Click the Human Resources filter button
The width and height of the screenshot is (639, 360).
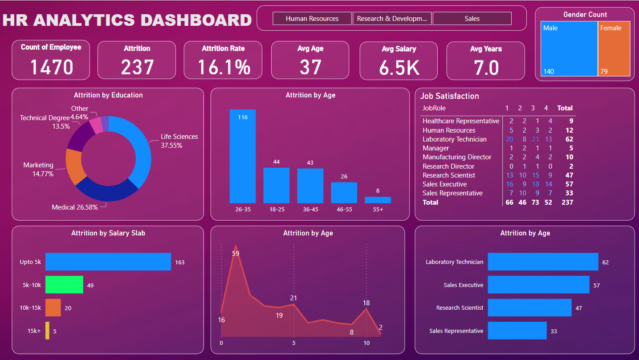312,19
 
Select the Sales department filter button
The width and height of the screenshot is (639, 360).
472,19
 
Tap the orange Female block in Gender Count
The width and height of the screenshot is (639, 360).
614,49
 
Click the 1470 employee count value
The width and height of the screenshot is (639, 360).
52,67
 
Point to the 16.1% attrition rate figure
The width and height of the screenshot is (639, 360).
224,67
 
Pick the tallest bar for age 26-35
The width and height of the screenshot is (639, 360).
243,156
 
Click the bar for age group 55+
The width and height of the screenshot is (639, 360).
378,200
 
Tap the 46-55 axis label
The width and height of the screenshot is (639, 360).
344,209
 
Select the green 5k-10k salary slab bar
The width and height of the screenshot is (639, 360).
64,285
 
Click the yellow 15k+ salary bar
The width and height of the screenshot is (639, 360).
47,331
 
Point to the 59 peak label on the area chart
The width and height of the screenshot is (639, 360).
236,254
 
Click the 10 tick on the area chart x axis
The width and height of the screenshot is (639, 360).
366,343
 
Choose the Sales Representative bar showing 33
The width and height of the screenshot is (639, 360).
517,331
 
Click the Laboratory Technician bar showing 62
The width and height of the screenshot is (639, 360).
543,262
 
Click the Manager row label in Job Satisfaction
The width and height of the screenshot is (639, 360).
435,148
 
